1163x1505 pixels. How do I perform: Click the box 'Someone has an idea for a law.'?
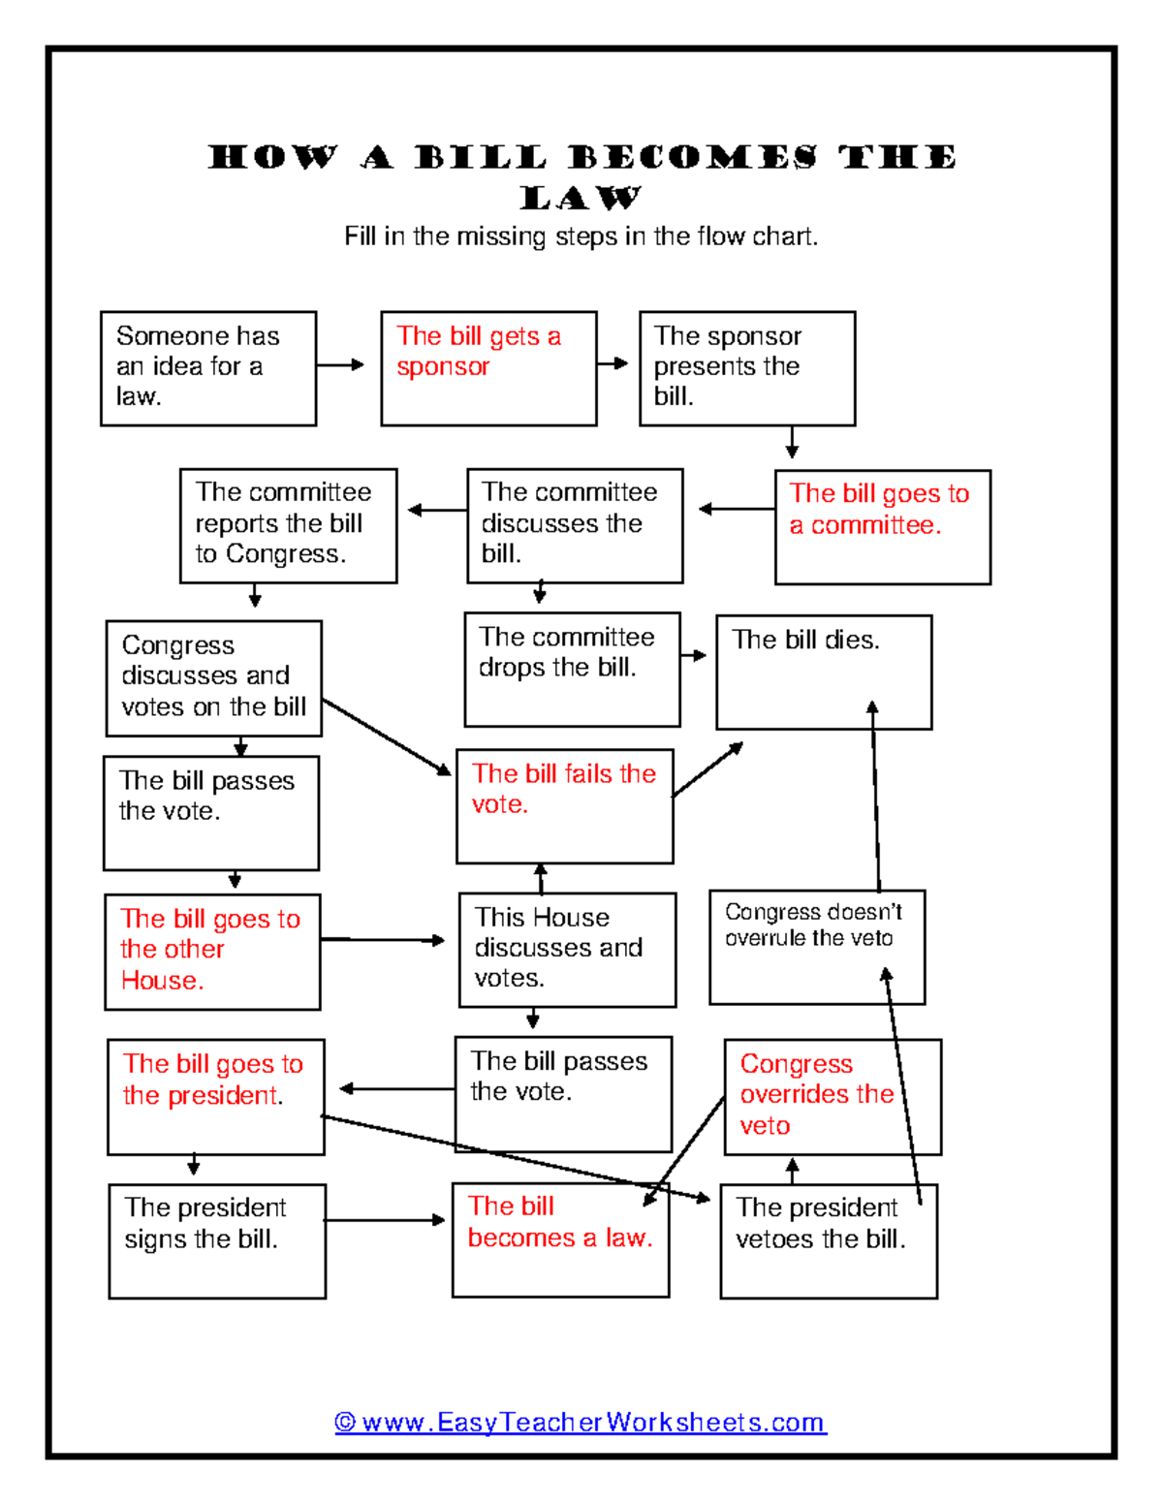click(x=208, y=368)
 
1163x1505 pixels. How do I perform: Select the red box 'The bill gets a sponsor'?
click(x=488, y=368)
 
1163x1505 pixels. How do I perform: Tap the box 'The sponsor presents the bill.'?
click(x=747, y=368)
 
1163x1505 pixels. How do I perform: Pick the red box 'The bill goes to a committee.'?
click(x=882, y=527)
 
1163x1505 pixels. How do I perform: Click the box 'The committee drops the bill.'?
click(x=572, y=670)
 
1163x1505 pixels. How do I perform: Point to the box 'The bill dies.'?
click(x=824, y=672)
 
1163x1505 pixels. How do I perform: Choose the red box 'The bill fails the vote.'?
click(x=564, y=806)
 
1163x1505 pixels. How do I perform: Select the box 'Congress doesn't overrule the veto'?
click(x=817, y=947)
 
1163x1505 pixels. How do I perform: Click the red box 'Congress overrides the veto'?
click(x=833, y=1097)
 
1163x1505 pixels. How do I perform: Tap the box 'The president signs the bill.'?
click(x=217, y=1241)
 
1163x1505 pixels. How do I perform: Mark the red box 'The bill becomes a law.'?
click(x=560, y=1239)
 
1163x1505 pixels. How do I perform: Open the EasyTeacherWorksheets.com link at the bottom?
click(x=581, y=1422)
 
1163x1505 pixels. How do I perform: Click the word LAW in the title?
click(x=581, y=199)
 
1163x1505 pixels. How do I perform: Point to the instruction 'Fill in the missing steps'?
click(x=581, y=236)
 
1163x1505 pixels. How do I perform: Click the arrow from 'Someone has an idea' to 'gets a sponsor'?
click(x=340, y=365)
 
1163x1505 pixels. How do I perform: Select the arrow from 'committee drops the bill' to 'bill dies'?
click(x=694, y=656)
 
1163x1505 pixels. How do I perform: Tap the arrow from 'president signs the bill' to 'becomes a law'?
click(x=385, y=1220)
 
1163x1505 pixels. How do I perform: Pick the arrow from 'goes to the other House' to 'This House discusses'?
click(x=383, y=940)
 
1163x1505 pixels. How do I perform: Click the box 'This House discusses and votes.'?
click(x=567, y=950)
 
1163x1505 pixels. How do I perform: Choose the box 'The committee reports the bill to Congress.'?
click(x=288, y=526)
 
